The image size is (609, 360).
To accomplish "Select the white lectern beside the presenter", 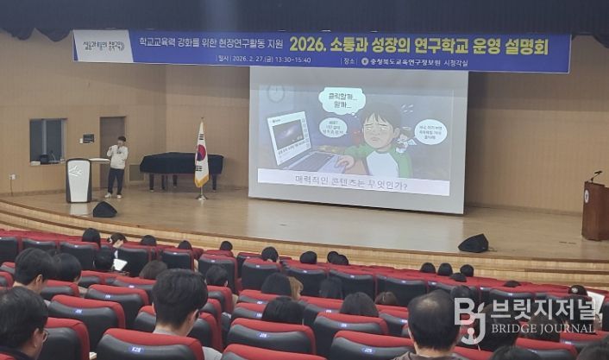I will [x=78, y=180].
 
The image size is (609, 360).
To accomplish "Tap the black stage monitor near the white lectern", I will [x=104, y=210].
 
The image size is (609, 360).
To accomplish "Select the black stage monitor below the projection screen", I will [x=473, y=243].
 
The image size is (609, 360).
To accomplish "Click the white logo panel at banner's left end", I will [x=103, y=47].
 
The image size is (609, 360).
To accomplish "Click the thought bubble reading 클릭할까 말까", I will [x=342, y=100].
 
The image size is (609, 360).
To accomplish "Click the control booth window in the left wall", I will [x=47, y=140].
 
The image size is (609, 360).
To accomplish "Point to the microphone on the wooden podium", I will [x=594, y=175].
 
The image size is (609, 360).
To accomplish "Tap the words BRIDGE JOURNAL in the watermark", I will [x=544, y=330].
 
